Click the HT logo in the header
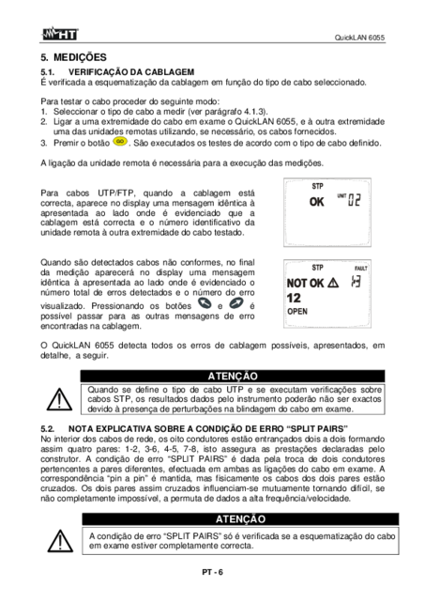tap(59, 34)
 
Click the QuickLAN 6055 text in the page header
tap(359, 38)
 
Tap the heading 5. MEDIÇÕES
tap(73, 57)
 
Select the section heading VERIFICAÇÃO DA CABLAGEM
tap(131, 72)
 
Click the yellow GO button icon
tap(120, 142)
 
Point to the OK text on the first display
tap(316, 202)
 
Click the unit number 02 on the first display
tap(354, 200)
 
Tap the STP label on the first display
tap(317, 186)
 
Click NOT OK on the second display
tap(305, 284)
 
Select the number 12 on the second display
tap(294, 298)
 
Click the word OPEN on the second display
tap(297, 312)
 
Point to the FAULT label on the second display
tap(360, 269)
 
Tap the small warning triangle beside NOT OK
tap(333, 284)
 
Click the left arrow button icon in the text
tap(205, 303)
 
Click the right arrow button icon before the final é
tap(235, 303)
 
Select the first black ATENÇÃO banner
tap(233, 376)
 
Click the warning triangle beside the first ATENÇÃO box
tap(59, 399)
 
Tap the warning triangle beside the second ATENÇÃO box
tap(60, 541)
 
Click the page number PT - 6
tap(212, 572)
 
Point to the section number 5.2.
tap(47, 429)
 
